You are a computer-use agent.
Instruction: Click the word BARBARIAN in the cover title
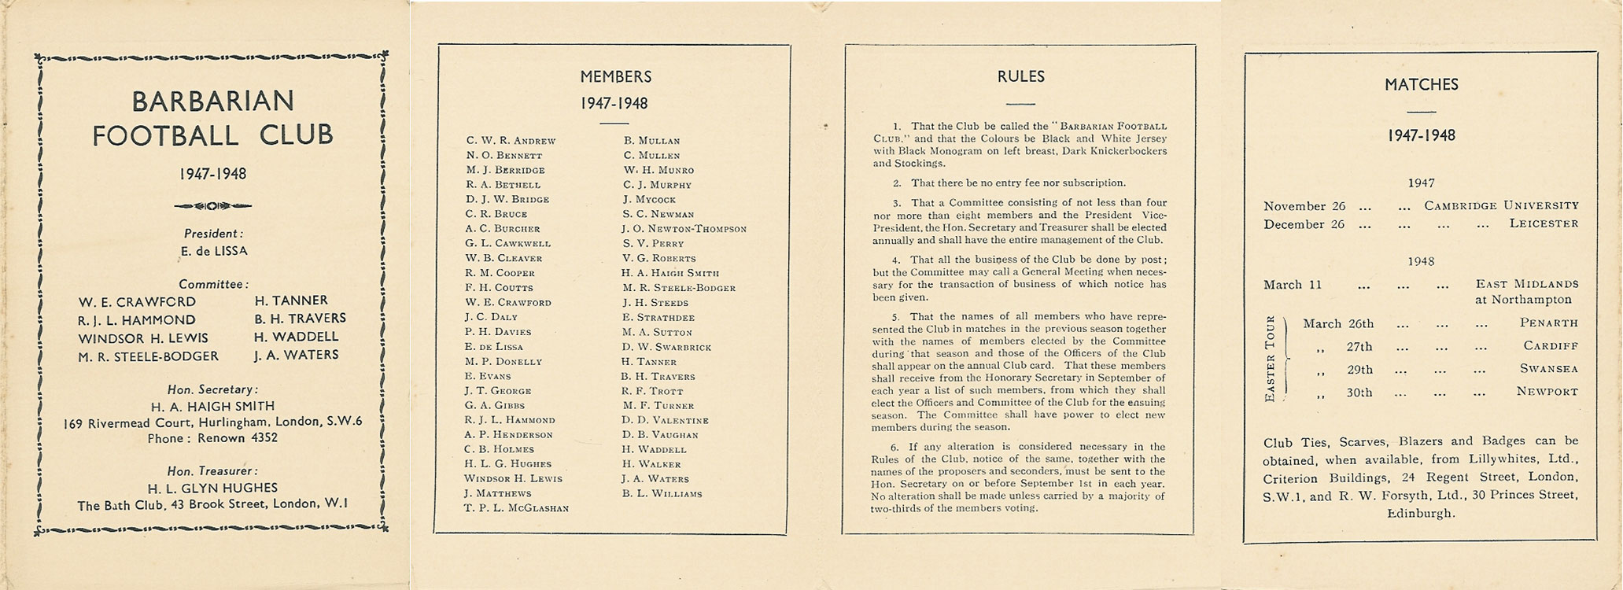tap(212, 101)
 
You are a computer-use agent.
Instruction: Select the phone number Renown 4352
tap(237, 438)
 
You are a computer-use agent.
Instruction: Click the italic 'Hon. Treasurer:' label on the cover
tap(212, 471)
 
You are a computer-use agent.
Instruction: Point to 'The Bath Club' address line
tap(212, 505)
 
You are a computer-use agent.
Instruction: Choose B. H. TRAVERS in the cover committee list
tap(300, 319)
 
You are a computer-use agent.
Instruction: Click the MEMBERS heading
tap(615, 77)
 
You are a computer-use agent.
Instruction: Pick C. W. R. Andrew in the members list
tap(511, 141)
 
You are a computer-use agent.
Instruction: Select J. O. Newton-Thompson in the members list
tap(683, 229)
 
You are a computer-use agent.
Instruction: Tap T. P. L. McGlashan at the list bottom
tap(516, 508)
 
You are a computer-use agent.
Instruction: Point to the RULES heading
tap(1020, 76)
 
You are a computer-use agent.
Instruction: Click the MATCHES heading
tap(1421, 84)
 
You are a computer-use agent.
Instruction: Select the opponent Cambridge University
tap(1501, 206)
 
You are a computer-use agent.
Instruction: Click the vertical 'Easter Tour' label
tap(1269, 359)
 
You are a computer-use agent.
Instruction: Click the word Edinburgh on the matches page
tap(1421, 514)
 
